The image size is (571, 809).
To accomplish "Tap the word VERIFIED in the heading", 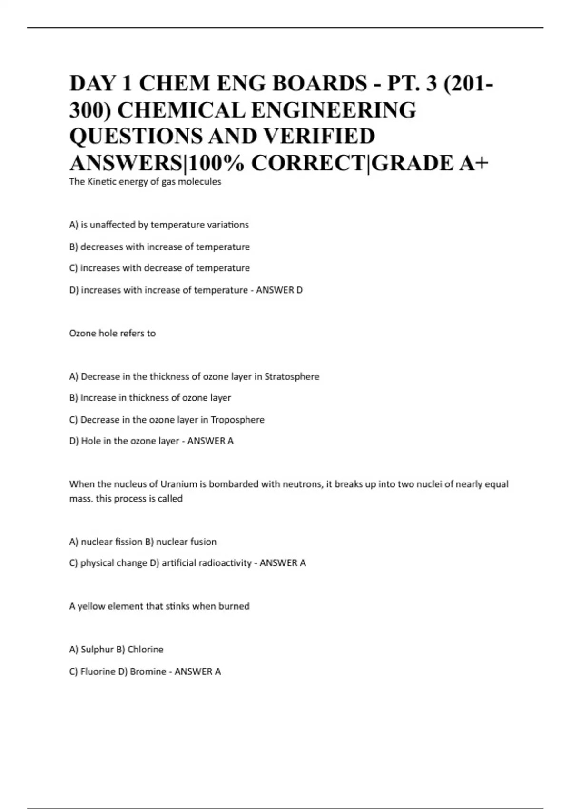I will (319, 137).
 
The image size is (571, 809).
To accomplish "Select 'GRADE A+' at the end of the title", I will (430, 163).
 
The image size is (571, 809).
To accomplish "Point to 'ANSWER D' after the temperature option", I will (279, 290).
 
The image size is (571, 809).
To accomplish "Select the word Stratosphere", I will (292, 376).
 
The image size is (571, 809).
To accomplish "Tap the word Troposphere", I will (237, 420).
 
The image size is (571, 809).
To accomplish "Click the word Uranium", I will (178, 484).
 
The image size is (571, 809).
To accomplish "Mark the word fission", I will (128, 542).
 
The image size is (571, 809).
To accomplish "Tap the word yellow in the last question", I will (91, 606).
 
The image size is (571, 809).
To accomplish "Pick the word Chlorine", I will (145, 650).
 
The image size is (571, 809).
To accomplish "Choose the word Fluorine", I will (98, 671).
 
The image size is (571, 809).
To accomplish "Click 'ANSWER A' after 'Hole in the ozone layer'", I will (210, 441).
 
